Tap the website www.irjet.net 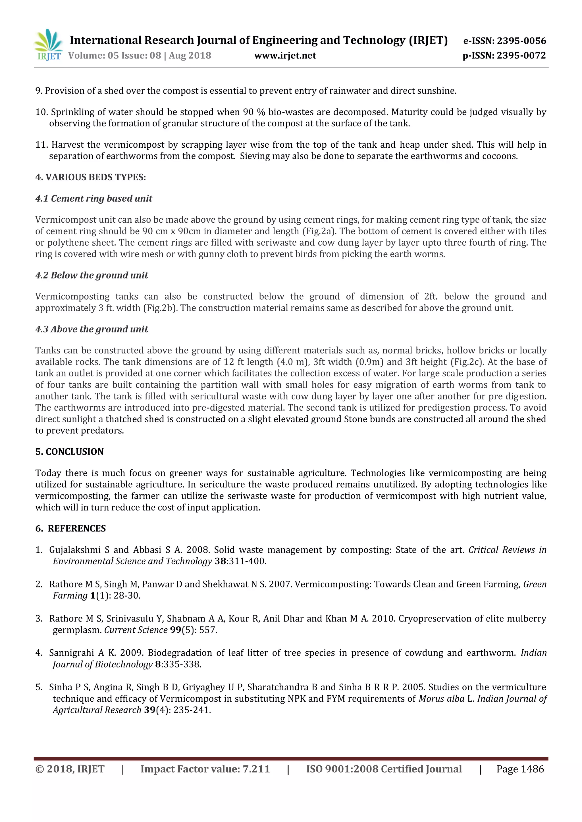pos(285,55)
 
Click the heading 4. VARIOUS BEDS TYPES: pos(90,177)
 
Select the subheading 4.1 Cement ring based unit pos(93,198)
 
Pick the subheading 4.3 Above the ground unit pos(92,329)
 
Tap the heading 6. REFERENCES pos(70,528)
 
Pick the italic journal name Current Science pos(136,630)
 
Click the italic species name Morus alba pos(442,698)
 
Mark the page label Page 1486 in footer pos(520,769)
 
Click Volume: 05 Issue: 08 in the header pos(115,55)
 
